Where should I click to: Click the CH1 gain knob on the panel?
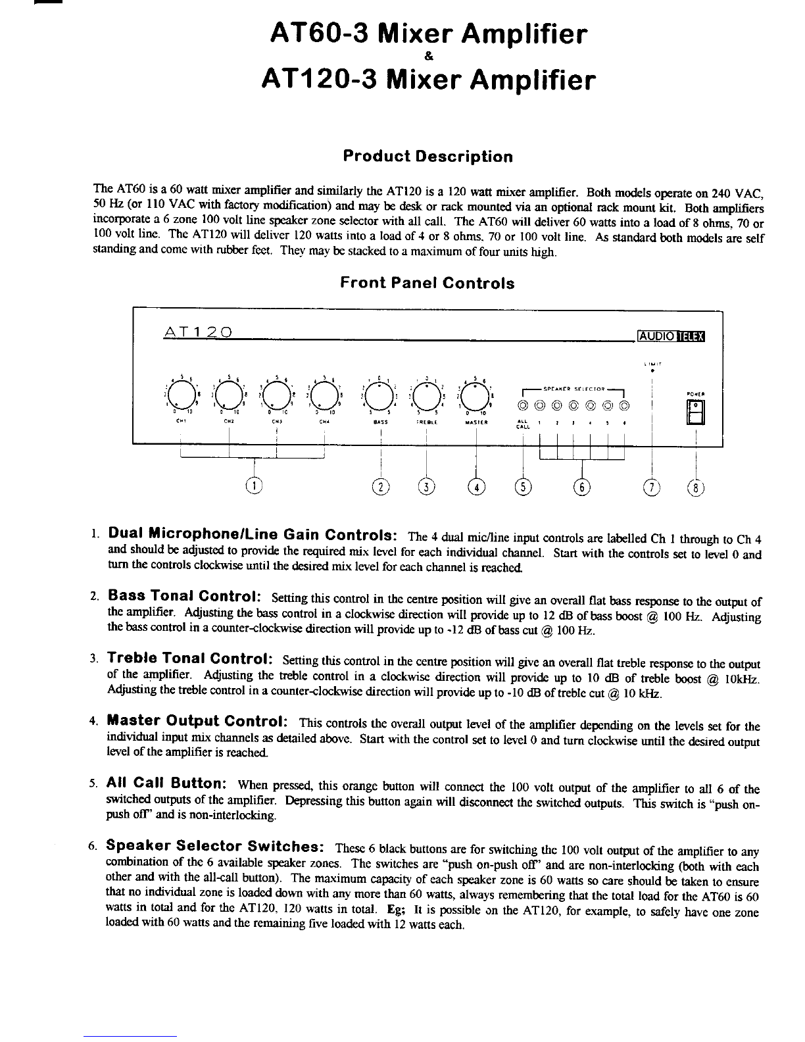[180, 396]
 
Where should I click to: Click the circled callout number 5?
[522, 487]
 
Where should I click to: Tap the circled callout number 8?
[695, 487]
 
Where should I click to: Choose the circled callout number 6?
[582, 487]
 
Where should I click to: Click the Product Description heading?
[427, 157]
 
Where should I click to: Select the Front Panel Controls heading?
[427, 284]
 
